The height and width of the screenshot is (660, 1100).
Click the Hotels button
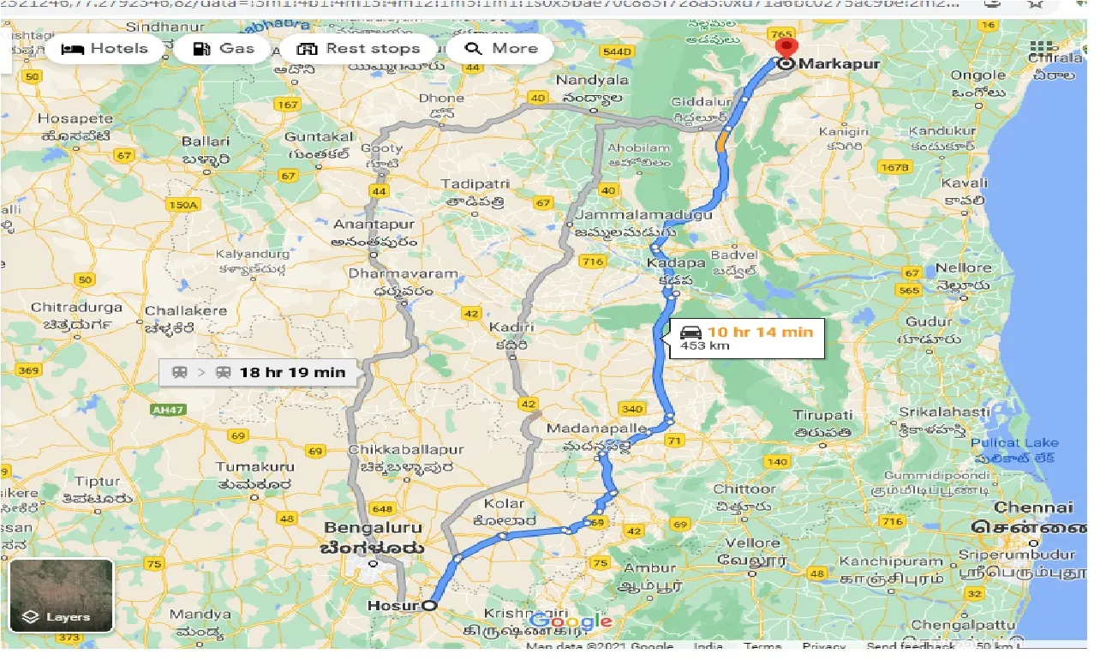(105, 48)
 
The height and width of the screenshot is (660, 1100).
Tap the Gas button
(224, 48)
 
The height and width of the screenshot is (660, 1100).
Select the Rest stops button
(360, 48)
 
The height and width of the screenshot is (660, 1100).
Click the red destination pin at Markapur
(784, 48)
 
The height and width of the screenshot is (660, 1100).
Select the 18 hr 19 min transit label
(257, 372)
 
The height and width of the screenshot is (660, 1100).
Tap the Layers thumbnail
(61, 595)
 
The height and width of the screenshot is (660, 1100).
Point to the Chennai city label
(1022, 507)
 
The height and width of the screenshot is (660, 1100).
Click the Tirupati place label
(822, 415)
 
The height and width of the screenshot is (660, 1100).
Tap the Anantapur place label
(374, 225)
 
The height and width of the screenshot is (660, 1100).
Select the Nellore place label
(963, 268)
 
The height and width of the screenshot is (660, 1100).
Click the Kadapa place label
(664, 262)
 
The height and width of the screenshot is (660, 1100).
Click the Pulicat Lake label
(1015, 443)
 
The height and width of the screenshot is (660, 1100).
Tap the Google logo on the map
(571, 621)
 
